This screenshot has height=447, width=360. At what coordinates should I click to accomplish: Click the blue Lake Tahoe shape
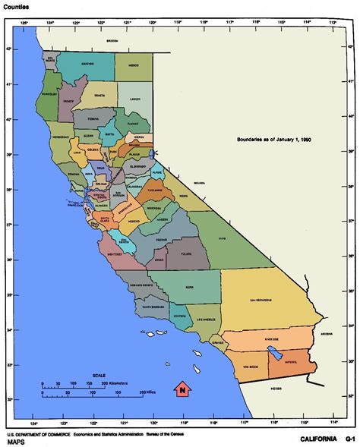coord(152,153)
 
